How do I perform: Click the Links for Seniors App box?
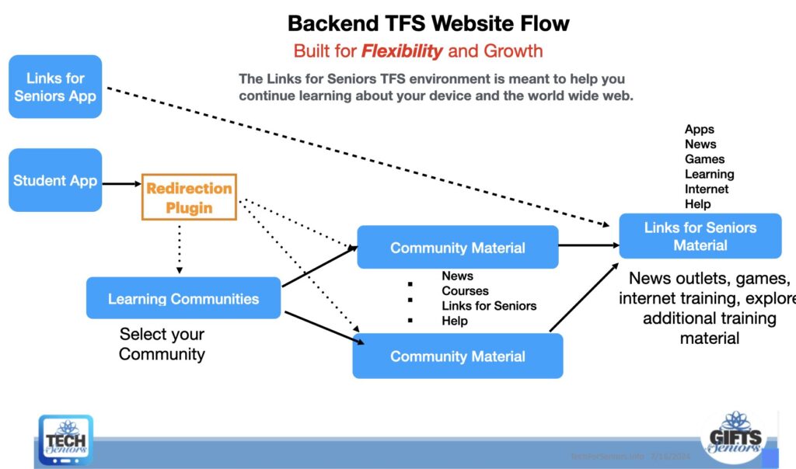click(55, 86)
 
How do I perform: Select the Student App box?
click(55, 180)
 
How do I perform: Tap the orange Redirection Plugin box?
click(189, 197)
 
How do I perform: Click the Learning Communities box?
click(183, 298)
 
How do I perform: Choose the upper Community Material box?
click(457, 248)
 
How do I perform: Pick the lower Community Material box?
click(457, 356)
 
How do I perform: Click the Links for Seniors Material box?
click(700, 236)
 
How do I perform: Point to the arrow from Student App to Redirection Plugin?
click(121, 184)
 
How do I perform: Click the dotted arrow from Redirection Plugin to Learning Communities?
click(180, 248)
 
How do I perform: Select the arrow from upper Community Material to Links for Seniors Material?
click(588, 245)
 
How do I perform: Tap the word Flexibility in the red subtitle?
click(402, 51)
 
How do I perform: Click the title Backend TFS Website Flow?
click(428, 23)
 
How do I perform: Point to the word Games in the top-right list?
click(704, 159)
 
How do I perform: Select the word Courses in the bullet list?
click(465, 290)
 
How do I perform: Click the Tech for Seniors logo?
click(66, 439)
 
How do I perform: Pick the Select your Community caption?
click(162, 344)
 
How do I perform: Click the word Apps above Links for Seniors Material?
click(699, 130)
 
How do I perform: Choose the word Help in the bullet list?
click(454, 321)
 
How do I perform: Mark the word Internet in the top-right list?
click(707, 189)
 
